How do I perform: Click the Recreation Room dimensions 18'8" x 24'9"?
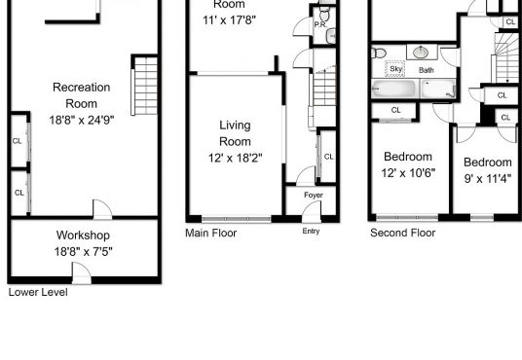coord(82,120)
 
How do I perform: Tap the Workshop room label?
coord(83,235)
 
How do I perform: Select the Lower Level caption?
coord(38,292)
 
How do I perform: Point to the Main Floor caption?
coord(210,233)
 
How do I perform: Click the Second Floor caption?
coord(402,233)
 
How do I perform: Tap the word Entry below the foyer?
coord(311,231)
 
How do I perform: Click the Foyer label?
coord(314,195)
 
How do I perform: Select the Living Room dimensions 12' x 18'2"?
coord(235,158)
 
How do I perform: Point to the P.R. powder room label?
coord(320,24)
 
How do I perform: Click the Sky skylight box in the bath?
coord(395,69)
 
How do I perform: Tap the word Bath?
coord(427,70)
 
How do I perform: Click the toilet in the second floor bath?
coord(379,53)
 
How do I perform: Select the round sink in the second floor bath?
coord(422,53)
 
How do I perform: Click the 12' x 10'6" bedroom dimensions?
coord(408,173)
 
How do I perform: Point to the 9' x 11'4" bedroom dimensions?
coord(488,179)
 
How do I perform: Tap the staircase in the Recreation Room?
coord(144,87)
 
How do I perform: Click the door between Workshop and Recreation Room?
coord(102,209)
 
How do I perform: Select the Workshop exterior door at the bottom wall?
coord(82,273)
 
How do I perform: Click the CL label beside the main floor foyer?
coord(328,157)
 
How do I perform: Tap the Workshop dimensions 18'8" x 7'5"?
coord(83,252)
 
